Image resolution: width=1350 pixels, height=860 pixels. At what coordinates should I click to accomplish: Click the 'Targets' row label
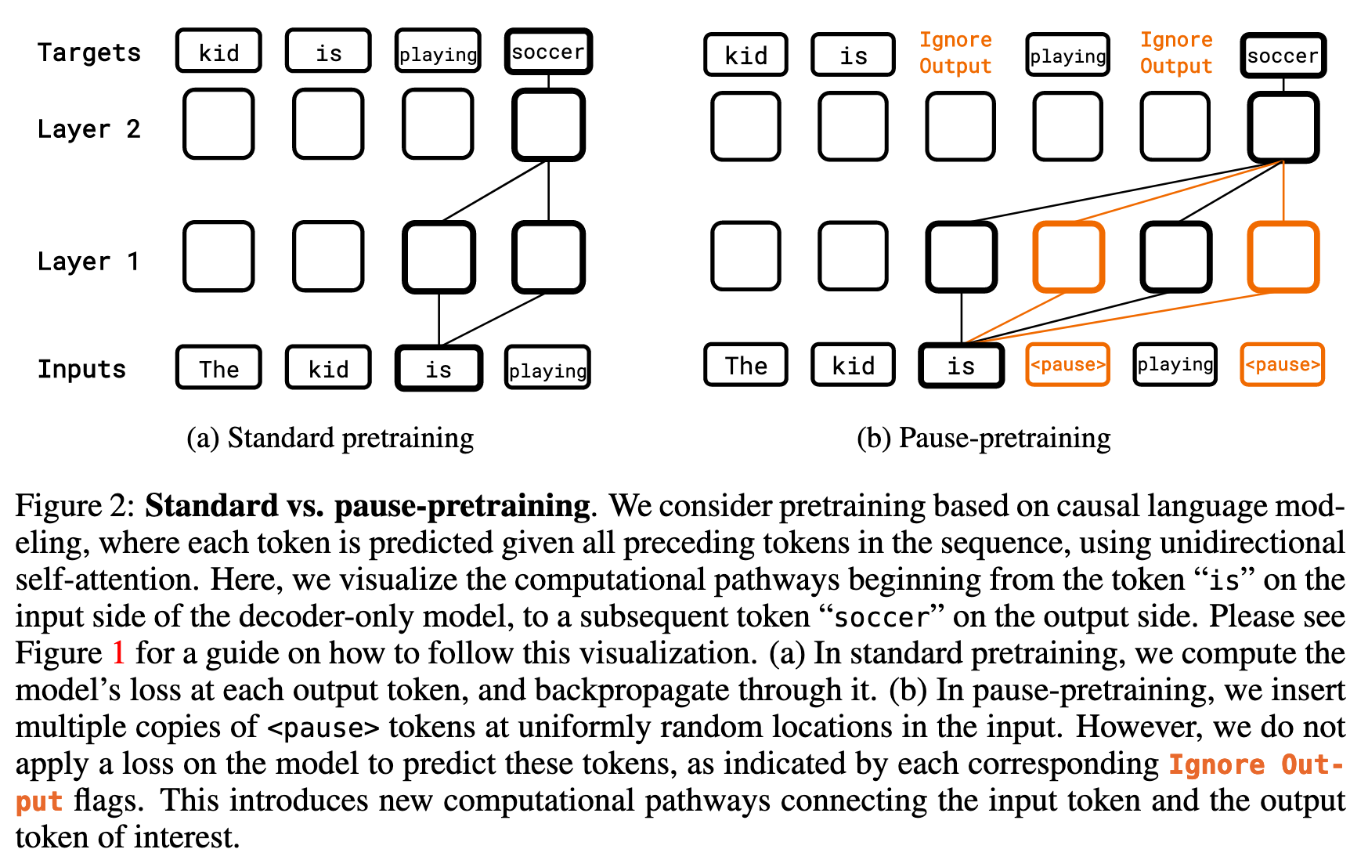coord(89,52)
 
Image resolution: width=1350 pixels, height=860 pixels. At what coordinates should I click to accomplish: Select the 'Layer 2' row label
coord(89,128)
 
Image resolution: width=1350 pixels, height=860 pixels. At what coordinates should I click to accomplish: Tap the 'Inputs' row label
coord(81,369)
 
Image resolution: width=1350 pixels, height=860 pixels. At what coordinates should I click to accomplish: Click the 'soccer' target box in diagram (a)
coord(548,52)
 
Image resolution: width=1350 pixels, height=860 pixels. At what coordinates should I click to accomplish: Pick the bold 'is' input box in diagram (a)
coord(439,369)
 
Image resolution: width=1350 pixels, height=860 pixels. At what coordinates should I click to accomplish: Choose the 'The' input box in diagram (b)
coord(745,365)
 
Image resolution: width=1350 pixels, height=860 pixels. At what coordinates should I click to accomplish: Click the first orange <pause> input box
coord(1067,365)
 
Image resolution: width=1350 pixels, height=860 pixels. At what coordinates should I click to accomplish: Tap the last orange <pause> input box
coord(1282,365)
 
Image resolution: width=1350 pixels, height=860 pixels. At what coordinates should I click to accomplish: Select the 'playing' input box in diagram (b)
coord(1175,365)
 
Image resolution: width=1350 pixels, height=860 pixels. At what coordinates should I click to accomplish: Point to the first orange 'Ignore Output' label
coord(955,52)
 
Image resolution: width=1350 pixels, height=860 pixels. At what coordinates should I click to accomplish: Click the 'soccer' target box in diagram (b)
coord(1283,56)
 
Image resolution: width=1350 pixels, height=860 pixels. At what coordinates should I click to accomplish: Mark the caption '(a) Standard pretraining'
coord(330,438)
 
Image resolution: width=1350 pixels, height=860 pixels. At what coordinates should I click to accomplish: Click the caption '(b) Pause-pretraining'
coord(984,438)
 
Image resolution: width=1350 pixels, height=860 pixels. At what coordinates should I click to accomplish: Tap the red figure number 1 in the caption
coord(118,653)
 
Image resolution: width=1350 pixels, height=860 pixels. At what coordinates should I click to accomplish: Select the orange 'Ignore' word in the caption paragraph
coord(1216,764)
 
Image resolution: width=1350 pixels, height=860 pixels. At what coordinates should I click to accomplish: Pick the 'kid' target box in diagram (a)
coord(218,52)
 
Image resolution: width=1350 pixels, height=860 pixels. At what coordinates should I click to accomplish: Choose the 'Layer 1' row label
coord(89,261)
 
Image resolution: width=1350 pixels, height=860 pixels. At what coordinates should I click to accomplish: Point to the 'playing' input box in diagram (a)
coord(547,369)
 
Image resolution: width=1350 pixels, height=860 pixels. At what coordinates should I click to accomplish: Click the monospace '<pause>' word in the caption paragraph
coord(323,728)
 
